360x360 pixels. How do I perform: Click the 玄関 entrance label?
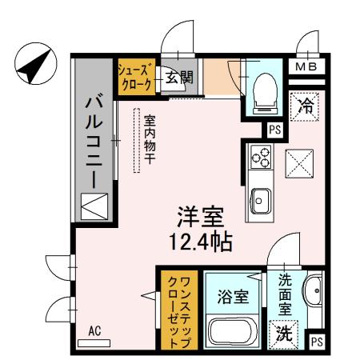tap(179, 78)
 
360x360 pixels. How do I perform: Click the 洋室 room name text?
tap(200, 217)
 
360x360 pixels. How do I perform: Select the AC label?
tap(94, 330)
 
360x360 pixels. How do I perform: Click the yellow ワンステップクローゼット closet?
tap(177, 310)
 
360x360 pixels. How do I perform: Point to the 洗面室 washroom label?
tap(286, 294)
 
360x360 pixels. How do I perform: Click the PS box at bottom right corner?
tap(318, 342)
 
